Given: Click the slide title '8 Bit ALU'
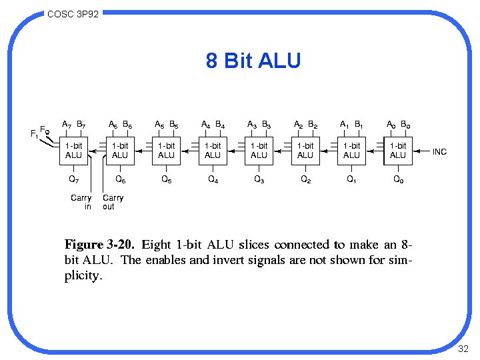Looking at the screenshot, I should (253, 62).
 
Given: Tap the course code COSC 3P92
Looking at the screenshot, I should (73, 13).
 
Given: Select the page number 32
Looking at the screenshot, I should (464, 349).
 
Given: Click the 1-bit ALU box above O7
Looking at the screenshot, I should (73, 151).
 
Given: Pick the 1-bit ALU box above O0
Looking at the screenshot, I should (398, 151).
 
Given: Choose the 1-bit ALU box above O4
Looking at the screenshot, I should (213, 151).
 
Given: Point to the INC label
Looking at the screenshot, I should (439, 152).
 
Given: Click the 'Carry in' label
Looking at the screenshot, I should (81, 202).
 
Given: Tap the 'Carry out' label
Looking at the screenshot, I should (113, 202).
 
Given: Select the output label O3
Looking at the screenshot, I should (259, 179).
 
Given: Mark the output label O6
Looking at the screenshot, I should (120, 179).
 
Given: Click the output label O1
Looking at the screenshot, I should (351, 179).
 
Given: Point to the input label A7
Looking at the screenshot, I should (67, 124).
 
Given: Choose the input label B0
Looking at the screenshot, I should (405, 125).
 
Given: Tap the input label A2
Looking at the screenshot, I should (299, 125).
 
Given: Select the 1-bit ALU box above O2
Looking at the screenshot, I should (305, 151).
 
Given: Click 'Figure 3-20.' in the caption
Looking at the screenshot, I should (94, 245).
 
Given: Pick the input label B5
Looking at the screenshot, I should (173, 125).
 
